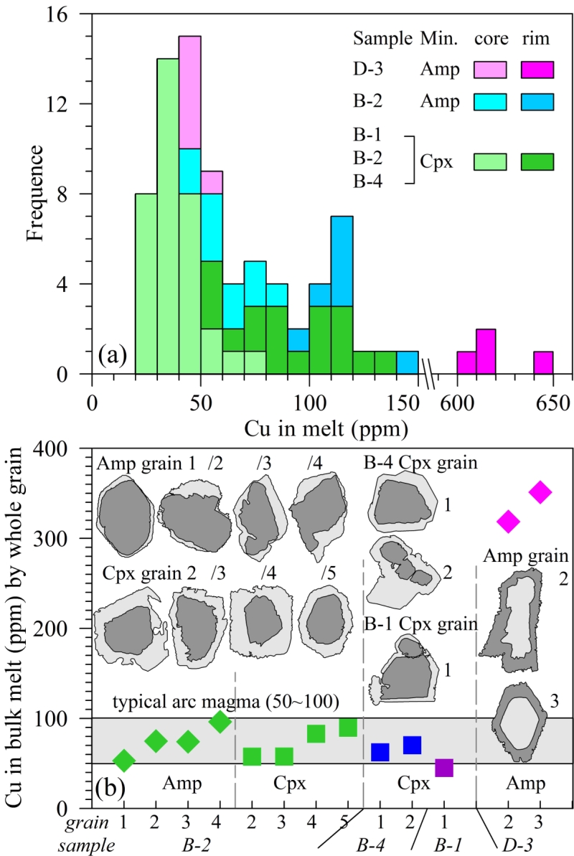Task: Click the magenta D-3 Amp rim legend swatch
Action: click(x=537, y=69)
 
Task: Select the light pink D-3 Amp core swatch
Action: click(x=490, y=69)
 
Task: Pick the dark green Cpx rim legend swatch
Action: click(x=537, y=162)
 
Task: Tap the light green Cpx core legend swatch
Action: click(x=490, y=162)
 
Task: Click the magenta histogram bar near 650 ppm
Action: click(x=543, y=362)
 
